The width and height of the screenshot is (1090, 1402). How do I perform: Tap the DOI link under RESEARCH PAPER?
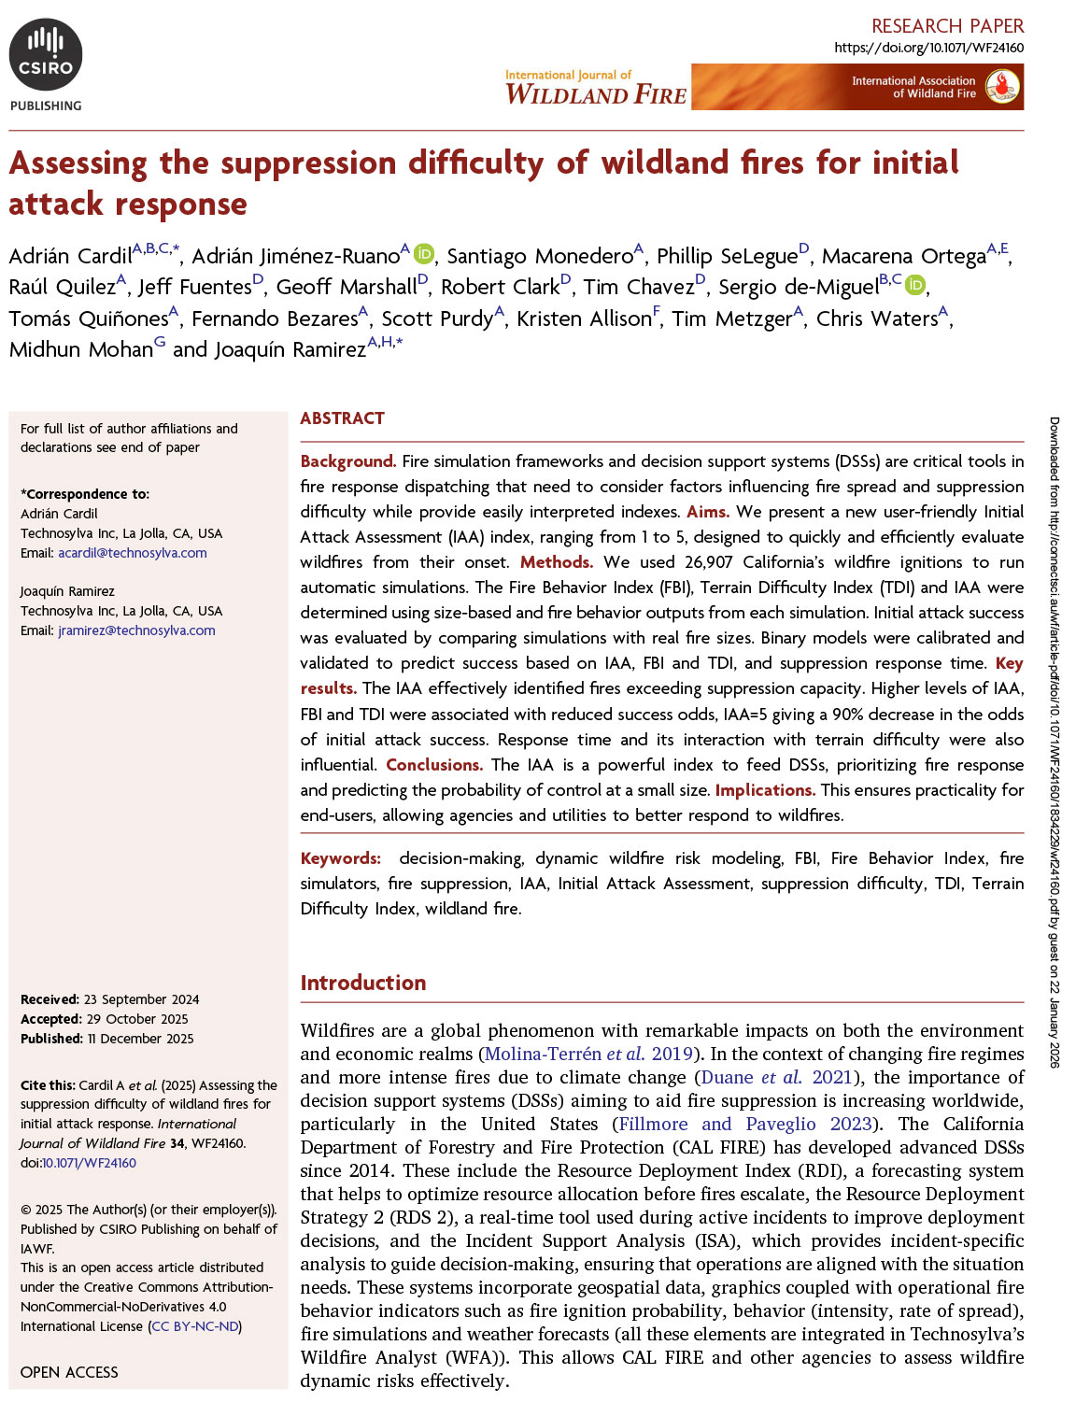928,48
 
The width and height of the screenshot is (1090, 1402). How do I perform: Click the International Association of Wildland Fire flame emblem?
1003,87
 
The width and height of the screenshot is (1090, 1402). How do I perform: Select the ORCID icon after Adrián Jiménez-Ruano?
424,254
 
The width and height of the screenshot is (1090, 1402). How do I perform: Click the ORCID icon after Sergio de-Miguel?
915,285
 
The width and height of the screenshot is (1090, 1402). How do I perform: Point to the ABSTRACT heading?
342,418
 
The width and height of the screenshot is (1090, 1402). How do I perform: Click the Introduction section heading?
362,983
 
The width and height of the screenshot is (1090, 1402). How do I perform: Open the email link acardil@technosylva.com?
133,553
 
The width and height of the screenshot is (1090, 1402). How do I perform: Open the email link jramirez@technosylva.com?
136,630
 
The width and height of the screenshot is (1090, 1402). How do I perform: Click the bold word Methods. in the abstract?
557,562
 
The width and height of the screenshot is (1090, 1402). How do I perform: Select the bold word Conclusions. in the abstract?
434,765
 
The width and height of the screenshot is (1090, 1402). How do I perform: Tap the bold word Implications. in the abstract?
765,790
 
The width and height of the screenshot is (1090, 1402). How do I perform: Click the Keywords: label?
340,858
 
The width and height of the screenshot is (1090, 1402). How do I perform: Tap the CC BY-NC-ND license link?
195,1326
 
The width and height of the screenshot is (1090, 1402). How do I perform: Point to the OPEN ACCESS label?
69,1372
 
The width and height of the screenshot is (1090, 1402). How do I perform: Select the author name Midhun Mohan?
80,349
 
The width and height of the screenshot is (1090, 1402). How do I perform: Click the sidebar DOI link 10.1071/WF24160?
90,1163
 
